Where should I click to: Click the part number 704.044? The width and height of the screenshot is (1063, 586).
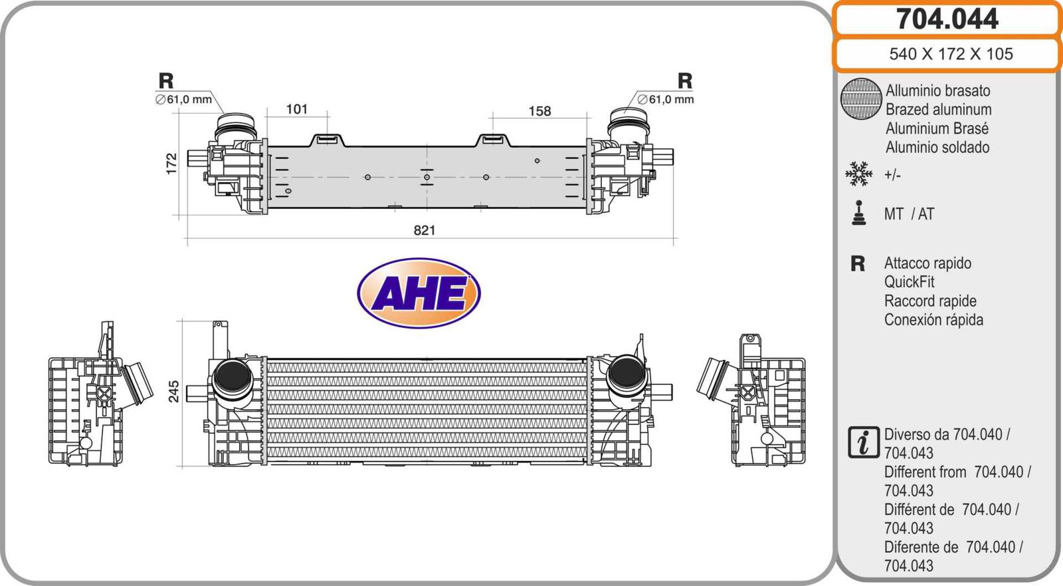(x=947, y=19)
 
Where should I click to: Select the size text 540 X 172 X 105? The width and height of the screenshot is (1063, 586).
(x=951, y=54)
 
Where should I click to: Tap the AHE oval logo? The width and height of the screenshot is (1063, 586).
(x=419, y=293)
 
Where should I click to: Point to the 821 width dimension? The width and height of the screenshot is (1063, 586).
(x=425, y=230)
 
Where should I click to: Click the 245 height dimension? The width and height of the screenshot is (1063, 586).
(x=173, y=391)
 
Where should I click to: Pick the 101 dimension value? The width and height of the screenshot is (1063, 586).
(x=296, y=109)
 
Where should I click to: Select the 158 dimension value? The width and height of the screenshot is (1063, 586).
(x=539, y=111)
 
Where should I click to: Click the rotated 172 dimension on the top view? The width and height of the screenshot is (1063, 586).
(x=171, y=164)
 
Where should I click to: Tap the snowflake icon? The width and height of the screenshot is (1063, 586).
(x=859, y=174)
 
